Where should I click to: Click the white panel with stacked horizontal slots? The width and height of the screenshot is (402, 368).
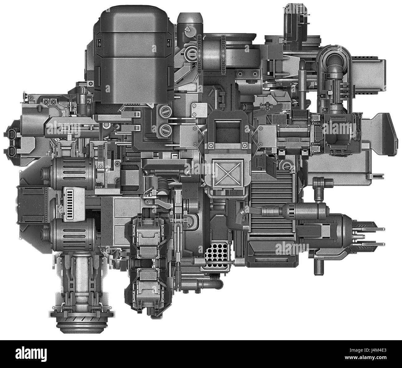tap(74, 204)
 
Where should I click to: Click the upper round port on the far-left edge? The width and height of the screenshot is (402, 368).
tap(13, 134)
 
